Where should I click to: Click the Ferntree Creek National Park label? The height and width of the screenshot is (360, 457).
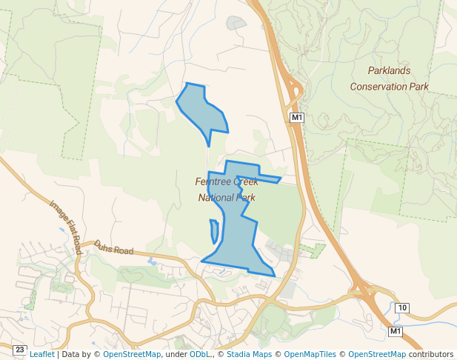point(227,190)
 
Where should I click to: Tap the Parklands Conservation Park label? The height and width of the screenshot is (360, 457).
point(389,79)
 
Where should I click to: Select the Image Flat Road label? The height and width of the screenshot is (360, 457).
point(65,227)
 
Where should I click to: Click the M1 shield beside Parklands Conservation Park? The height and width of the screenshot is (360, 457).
point(296,117)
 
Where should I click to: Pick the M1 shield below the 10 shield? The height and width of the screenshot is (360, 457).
point(396,330)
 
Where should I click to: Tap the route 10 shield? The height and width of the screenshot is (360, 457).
point(401,307)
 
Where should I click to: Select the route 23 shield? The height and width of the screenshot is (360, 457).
point(19,349)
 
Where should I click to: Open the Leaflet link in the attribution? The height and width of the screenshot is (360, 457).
point(41,354)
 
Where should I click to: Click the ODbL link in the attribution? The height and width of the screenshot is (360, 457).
point(199,354)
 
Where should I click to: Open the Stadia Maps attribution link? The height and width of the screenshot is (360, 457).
point(248,354)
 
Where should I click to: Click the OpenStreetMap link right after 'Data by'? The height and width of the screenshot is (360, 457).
point(132,354)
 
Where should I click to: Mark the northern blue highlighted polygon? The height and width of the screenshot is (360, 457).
point(201,107)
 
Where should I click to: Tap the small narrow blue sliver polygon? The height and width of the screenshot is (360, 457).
point(214,231)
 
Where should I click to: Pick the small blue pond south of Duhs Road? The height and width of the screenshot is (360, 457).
point(152,261)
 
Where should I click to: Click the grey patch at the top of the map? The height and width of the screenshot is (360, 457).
point(236,23)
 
